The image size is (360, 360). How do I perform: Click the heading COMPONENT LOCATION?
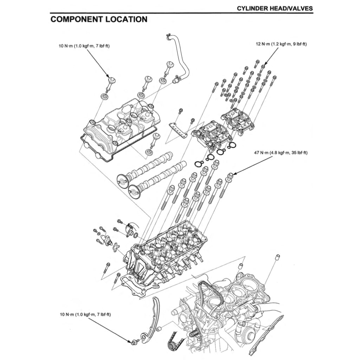pos(99,19)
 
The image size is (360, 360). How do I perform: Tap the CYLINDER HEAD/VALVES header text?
pos(275,8)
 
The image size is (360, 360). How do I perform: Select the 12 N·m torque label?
pos(281,44)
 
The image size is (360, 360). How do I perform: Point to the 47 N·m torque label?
pos(281,153)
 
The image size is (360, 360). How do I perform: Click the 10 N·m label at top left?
pos(84,46)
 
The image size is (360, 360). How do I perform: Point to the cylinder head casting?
pos(165,253)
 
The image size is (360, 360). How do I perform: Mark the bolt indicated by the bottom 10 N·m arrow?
pos(134,341)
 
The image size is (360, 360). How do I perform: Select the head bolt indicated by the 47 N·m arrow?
pos(229,176)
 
